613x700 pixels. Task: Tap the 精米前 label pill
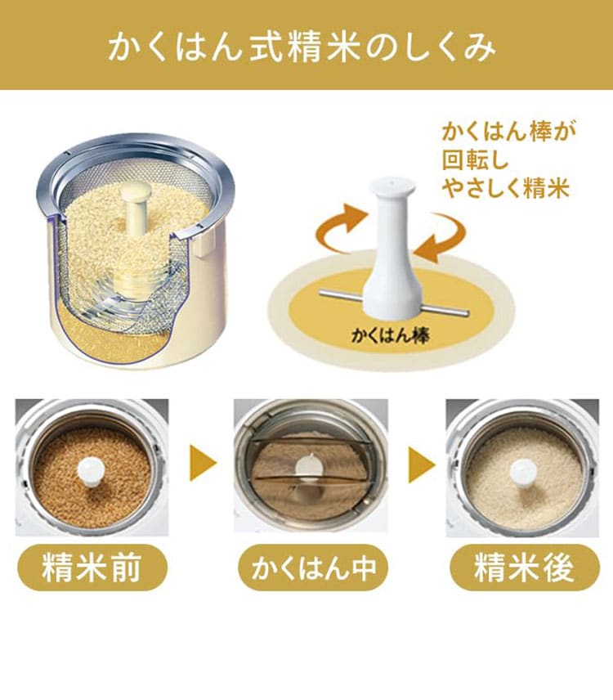[x=92, y=568]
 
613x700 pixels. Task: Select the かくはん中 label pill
[x=313, y=568]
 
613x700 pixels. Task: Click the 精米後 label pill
[x=524, y=568]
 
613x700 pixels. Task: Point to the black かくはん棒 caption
[x=391, y=334]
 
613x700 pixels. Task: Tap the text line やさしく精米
[x=506, y=188]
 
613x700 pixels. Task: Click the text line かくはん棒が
[x=509, y=132]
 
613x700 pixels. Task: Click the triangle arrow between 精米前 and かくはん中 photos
[x=202, y=463]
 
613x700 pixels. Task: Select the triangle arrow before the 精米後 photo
[x=421, y=464]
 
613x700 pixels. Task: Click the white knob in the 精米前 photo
[x=91, y=471]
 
